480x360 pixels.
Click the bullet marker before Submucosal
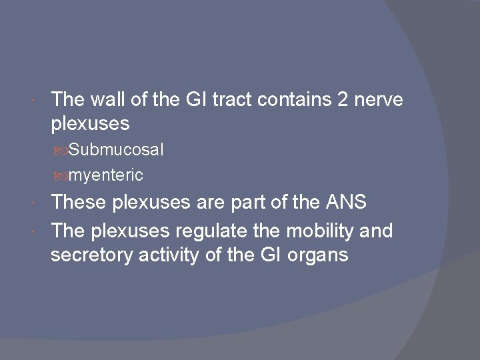pos(63,151)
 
